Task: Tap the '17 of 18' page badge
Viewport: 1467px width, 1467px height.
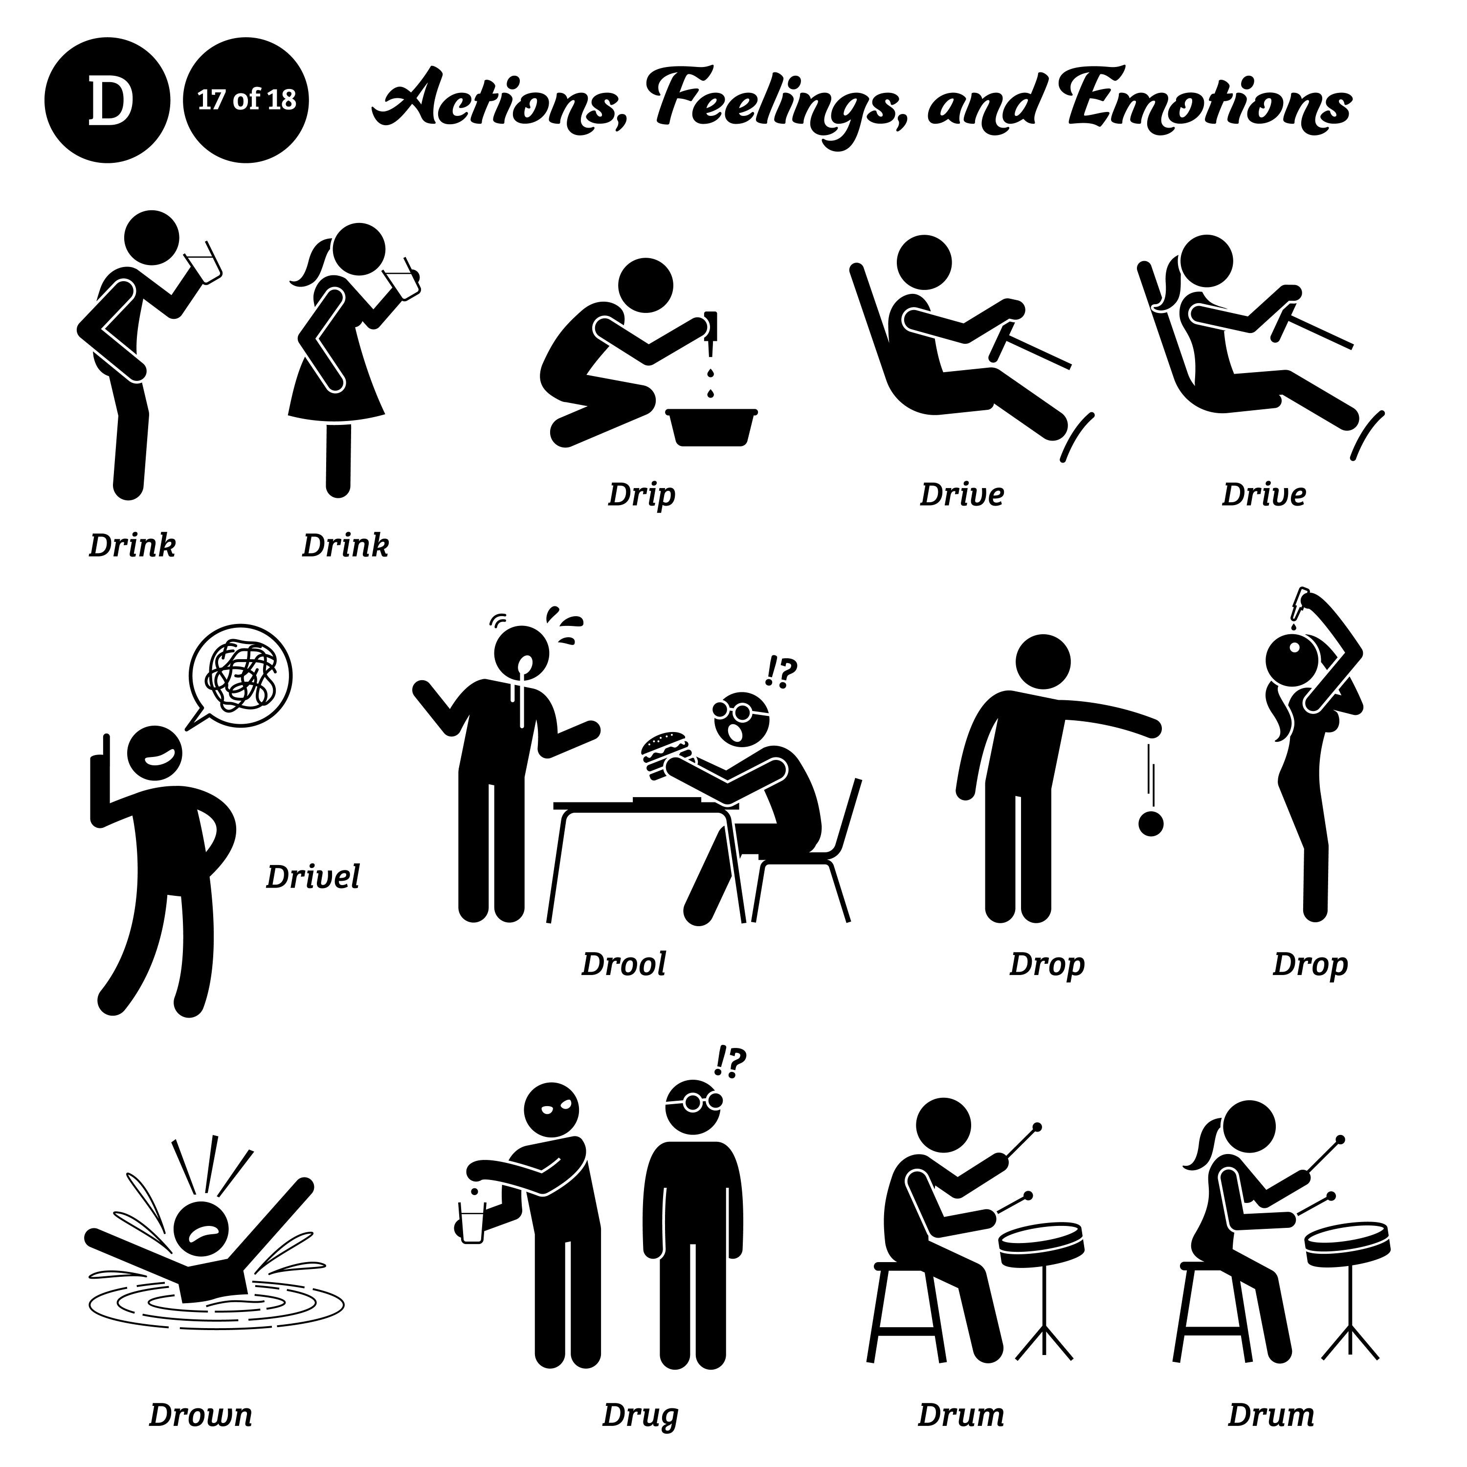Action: coord(246,101)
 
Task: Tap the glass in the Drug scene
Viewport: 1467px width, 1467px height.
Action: coord(471,1222)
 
